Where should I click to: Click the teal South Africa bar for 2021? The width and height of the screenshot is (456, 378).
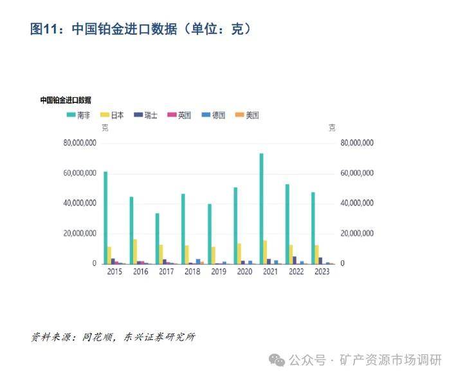tap(262, 209)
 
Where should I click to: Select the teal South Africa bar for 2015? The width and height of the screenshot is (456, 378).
tap(105, 218)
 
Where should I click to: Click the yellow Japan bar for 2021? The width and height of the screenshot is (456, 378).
tap(265, 252)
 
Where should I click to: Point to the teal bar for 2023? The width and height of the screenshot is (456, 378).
tap(313, 228)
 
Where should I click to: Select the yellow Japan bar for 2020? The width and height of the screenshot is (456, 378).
tap(239, 254)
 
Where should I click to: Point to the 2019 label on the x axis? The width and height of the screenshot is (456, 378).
tap(218, 272)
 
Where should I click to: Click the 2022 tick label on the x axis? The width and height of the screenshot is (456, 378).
tap(296, 272)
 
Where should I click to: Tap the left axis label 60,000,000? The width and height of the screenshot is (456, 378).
tap(80, 173)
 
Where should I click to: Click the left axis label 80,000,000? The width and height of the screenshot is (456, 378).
tap(80, 143)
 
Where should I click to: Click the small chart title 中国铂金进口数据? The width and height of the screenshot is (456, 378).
tap(66, 100)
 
